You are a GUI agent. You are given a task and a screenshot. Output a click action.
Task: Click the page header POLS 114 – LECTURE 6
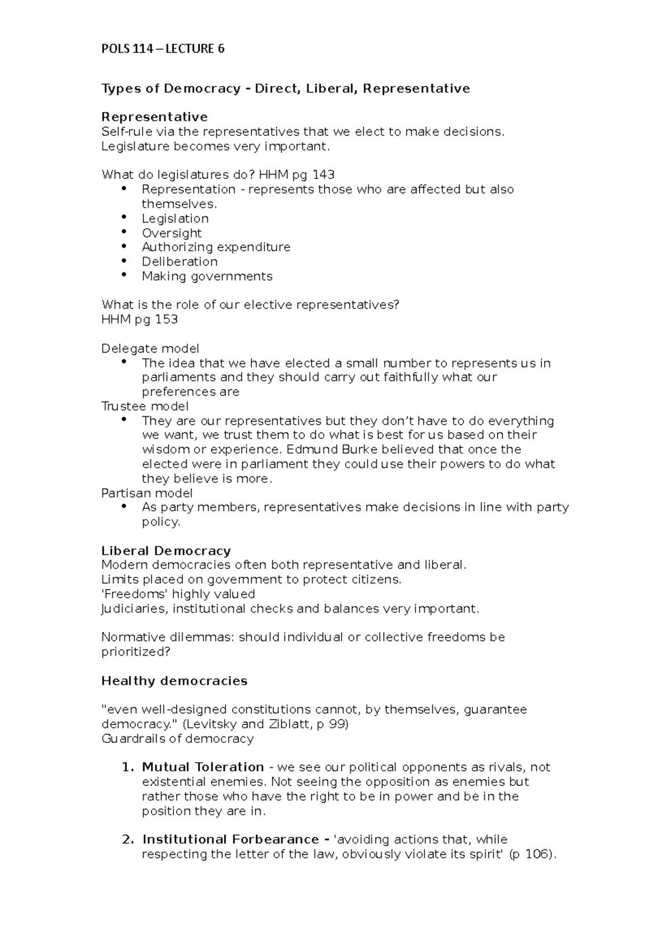coord(163,49)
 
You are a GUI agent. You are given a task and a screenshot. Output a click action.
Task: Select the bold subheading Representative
coord(154,117)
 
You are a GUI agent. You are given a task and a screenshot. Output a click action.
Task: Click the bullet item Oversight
coord(172,233)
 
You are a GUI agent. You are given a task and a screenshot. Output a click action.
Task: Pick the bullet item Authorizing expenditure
coord(216,247)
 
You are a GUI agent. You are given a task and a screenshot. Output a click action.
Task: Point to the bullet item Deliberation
coord(179,262)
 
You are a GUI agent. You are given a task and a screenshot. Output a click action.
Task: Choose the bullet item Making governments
coord(207,276)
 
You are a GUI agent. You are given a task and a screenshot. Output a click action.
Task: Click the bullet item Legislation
coord(175,218)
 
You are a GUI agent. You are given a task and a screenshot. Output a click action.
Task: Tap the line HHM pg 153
coord(140,319)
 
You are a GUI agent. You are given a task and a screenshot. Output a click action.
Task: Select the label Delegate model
coord(150,349)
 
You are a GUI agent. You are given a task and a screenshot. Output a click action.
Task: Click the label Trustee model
coord(145,406)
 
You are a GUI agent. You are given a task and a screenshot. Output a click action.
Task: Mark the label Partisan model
coord(147,493)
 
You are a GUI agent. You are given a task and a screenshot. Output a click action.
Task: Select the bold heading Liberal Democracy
coord(166,551)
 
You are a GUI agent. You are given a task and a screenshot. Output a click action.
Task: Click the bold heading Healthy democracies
coord(174,681)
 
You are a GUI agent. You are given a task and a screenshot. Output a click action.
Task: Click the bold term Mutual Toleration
coord(203,767)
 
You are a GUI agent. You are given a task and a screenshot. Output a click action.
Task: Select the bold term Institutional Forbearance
coord(230,840)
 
